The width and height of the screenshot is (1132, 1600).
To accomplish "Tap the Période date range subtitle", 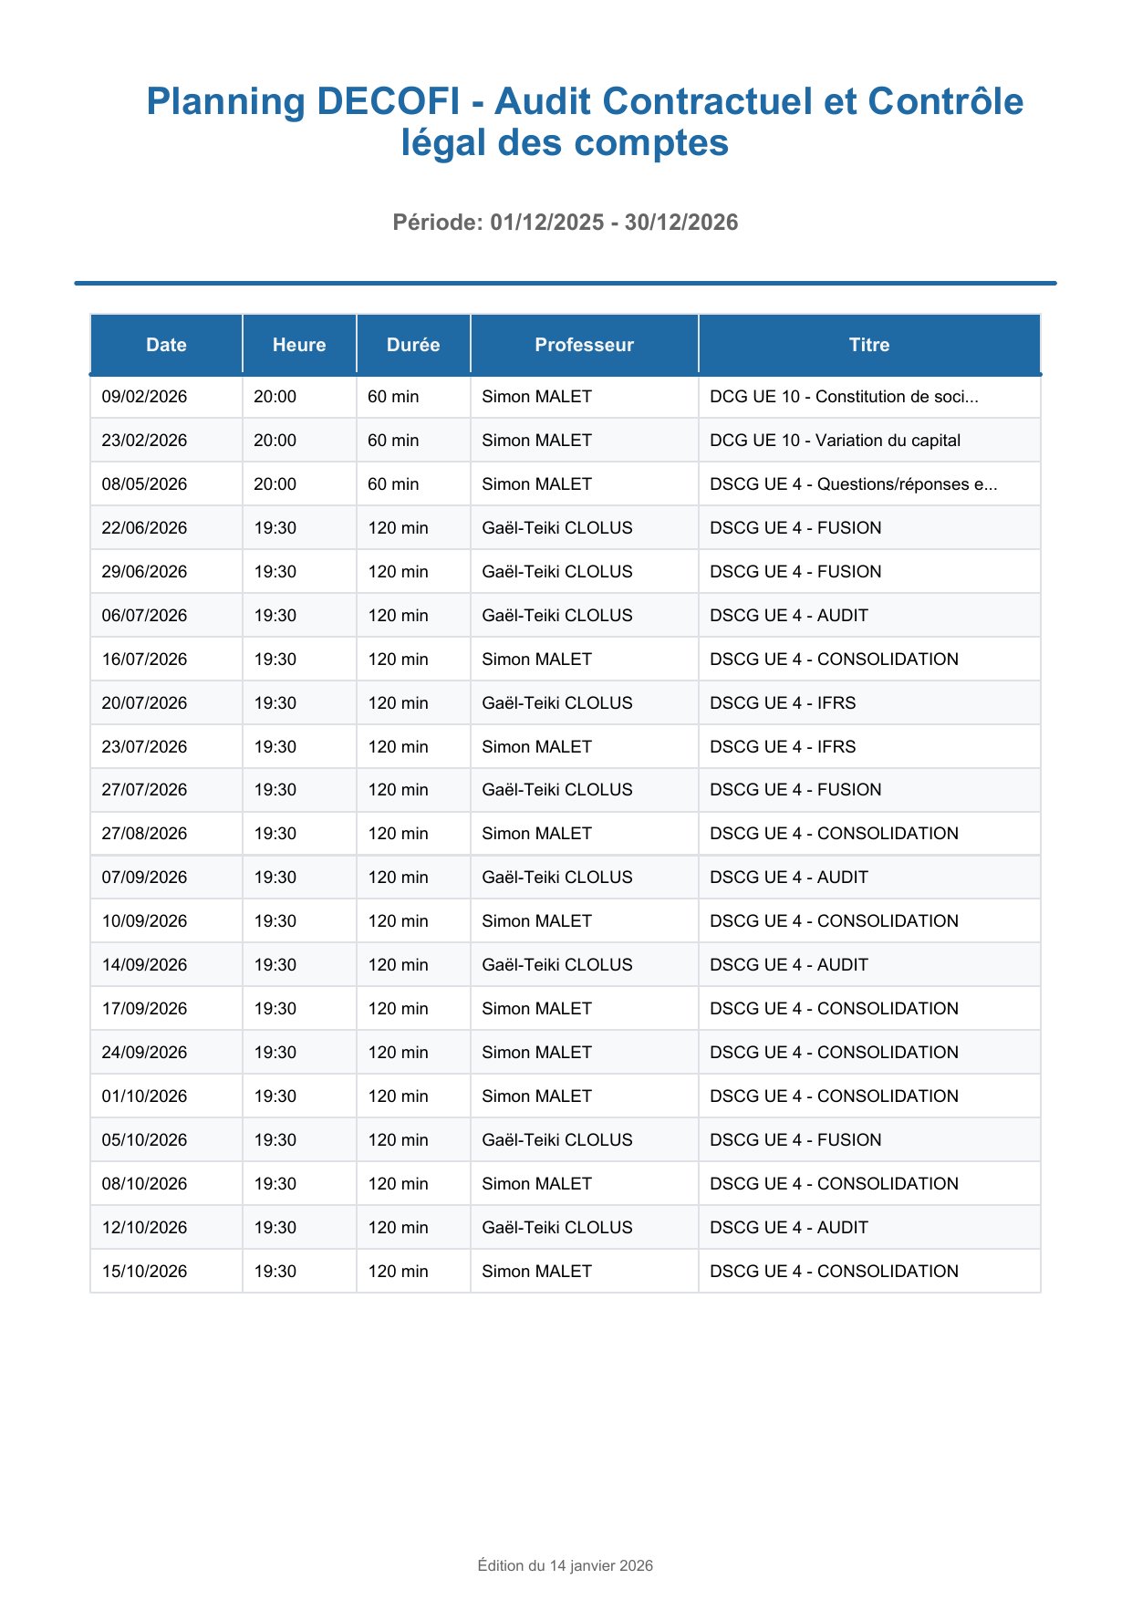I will (x=566, y=223).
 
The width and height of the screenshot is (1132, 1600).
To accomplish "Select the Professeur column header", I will (x=584, y=345).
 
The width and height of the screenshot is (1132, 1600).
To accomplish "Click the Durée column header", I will (x=413, y=345).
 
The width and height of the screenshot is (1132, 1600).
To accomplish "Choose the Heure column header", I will (x=299, y=345).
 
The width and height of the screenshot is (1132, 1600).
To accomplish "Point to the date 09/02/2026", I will (x=145, y=397).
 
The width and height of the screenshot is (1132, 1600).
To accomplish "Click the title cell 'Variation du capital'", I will (x=835, y=441).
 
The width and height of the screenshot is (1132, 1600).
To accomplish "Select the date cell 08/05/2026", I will (x=145, y=484).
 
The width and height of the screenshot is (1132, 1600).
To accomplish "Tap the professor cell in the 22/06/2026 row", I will (x=556, y=528).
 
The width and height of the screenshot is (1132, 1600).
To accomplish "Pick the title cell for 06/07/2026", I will (x=788, y=616).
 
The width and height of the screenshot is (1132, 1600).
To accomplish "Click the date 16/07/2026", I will (x=145, y=660).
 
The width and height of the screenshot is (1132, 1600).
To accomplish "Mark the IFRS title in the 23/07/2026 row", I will (x=783, y=747).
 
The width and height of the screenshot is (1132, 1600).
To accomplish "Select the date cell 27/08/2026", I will (x=145, y=834).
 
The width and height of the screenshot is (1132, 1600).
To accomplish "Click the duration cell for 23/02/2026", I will (x=393, y=441).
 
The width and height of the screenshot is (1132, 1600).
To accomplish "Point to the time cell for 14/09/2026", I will (x=275, y=965).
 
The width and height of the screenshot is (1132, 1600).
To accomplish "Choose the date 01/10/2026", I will (x=145, y=1096).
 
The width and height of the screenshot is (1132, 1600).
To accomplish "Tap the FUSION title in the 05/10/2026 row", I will (x=795, y=1140).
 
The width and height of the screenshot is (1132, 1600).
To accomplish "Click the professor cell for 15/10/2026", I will (x=536, y=1272).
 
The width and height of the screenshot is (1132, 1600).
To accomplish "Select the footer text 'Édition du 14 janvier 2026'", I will (x=566, y=1565).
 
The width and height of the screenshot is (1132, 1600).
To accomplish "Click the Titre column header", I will (x=868, y=345).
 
